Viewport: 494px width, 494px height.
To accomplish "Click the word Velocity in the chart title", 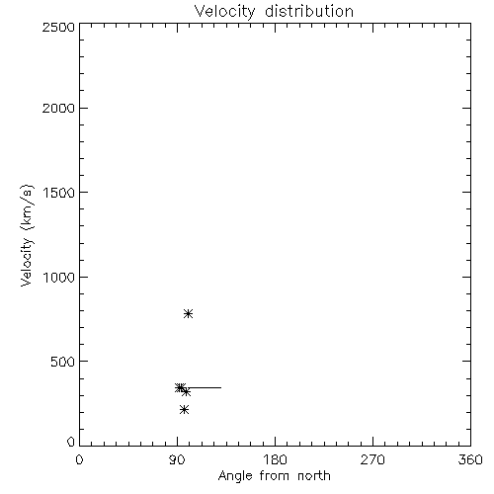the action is point(225,12).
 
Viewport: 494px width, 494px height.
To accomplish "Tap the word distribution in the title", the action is point(309,12).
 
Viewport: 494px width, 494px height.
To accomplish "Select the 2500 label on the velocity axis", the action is point(58,27).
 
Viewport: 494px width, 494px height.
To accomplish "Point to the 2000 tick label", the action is point(58,109).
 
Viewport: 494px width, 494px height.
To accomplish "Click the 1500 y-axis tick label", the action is point(59,193).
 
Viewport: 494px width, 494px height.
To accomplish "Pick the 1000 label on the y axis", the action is point(59,278).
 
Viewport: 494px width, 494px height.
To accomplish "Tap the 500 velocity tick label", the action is point(63,362).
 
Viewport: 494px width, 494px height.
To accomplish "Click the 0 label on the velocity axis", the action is point(71,442).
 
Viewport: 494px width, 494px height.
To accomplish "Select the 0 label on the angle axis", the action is point(79,459).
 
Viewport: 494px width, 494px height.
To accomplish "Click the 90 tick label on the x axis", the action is point(177,459).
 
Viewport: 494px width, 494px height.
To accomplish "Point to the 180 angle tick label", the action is point(275,459).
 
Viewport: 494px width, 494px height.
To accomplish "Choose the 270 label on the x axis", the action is point(372,459).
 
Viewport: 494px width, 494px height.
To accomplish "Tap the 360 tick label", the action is point(470,459).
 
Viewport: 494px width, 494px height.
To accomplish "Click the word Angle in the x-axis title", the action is point(235,476).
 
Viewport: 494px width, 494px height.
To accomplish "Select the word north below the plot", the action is point(314,476).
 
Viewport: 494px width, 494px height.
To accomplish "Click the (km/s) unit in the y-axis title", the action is point(27,207).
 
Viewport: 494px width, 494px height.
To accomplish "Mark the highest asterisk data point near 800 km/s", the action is point(188,313).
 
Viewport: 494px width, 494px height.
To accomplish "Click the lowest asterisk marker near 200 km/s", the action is point(185,410).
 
